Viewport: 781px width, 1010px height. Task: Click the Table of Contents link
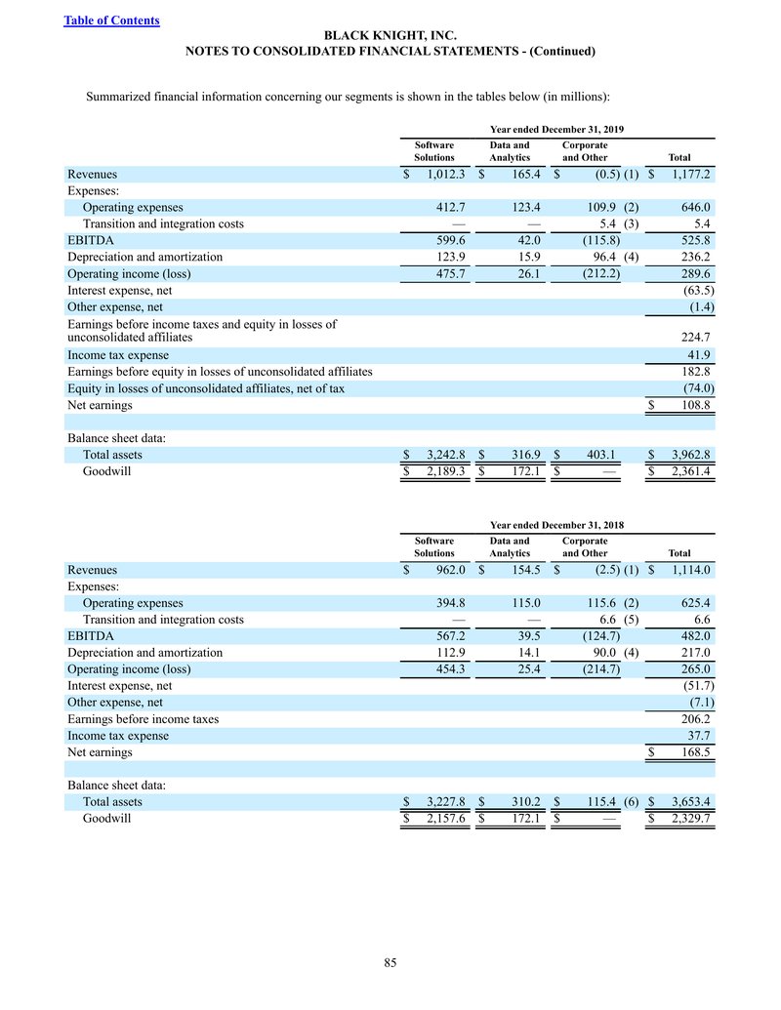point(111,20)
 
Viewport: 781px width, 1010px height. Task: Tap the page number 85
point(390,964)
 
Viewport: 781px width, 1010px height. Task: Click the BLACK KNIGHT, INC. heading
point(390,35)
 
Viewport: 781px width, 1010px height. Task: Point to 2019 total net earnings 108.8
point(691,405)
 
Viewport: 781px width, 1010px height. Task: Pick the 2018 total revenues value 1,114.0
point(689,570)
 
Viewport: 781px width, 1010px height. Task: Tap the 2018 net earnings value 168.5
point(691,752)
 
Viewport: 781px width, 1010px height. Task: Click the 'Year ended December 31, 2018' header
point(557,524)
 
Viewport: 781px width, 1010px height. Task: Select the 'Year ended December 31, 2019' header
point(557,129)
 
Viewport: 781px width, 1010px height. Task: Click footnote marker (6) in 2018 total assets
point(631,802)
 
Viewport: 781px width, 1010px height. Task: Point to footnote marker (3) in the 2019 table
point(631,223)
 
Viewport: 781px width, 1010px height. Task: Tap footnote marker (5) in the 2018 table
point(631,619)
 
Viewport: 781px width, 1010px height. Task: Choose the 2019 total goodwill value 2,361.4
point(686,471)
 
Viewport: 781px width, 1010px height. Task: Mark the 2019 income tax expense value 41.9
point(697,355)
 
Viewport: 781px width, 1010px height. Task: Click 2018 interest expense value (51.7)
point(695,686)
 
